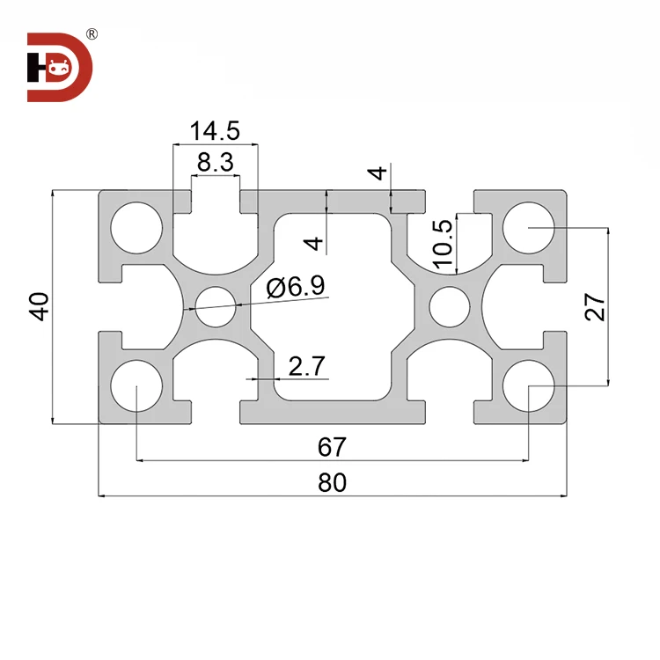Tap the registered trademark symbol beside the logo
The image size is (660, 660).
pos(92,35)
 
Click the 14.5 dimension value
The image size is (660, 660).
pos(215,131)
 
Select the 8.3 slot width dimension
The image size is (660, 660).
pos(215,162)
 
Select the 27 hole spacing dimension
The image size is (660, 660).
pos(596,306)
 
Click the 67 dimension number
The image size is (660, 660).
pos(331,447)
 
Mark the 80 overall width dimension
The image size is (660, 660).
pos(331,482)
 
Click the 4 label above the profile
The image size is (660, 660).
pos(379,173)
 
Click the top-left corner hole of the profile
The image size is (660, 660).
pos(136,227)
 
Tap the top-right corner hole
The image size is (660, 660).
pos(528,227)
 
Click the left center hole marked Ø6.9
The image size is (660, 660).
pos(216,307)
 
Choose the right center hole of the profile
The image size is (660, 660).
pos(450,307)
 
